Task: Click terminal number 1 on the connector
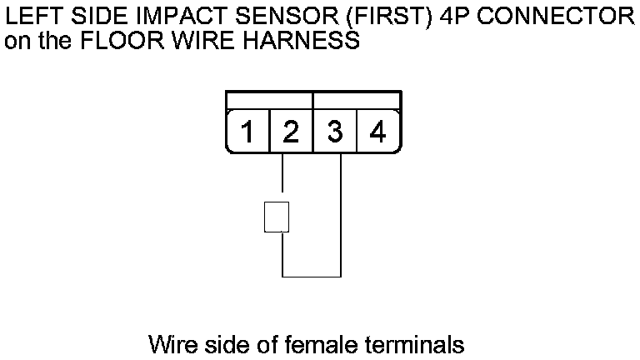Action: tap(247, 132)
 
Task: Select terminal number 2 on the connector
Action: tap(291, 132)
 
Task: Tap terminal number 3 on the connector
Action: tap(334, 132)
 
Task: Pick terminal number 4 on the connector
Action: tap(377, 132)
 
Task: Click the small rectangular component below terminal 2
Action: tap(277, 217)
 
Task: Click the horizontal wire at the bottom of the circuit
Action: tap(312, 276)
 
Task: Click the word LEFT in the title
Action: tap(30, 17)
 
